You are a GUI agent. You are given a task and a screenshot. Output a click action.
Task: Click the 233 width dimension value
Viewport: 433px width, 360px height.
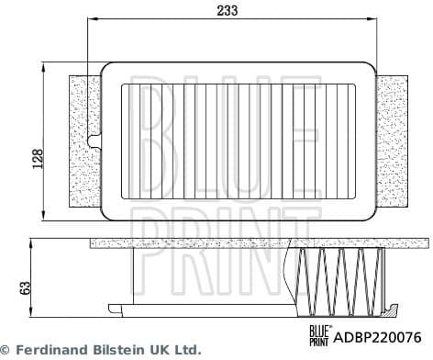(x=229, y=11)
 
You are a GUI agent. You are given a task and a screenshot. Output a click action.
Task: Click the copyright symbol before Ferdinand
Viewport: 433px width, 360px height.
(x=6, y=350)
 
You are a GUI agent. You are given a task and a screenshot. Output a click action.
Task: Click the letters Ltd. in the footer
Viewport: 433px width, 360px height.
(x=186, y=350)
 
